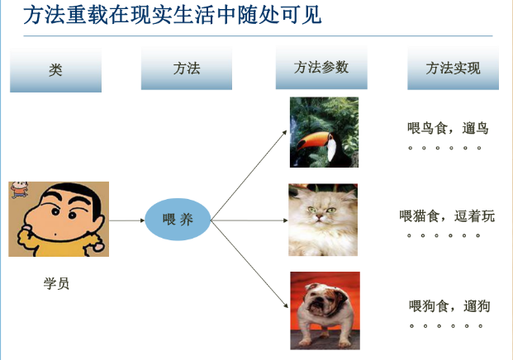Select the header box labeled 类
click(x=55, y=69)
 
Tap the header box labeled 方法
click(x=186, y=69)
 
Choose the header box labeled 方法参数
click(x=321, y=68)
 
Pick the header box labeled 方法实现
click(x=453, y=69)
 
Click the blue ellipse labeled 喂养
click(x=178, y=220)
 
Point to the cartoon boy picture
click(x=59, y=219)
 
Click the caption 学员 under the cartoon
click(x=56, y=283)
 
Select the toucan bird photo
click(x=324, y=132)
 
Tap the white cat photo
click(x=323, y=220)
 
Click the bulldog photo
click(x=325, y=310)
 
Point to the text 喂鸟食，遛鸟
click(x=448, y=128)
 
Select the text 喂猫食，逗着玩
click(x=447, y=216)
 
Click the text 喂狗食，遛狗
click(x=449, y=306)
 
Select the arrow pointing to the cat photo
click(x=248, y=220)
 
